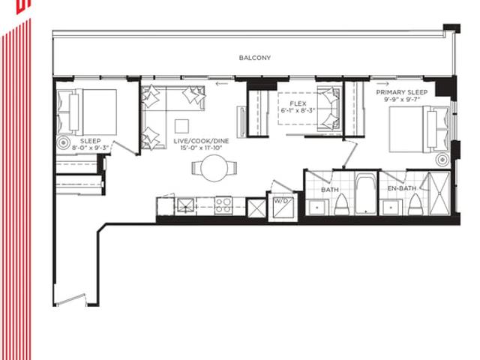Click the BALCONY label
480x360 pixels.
pyautogui.click(x=255, y=58)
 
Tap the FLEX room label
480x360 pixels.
pyautogui.click(x=298, y=103)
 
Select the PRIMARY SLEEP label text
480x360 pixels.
pyautogui.click(x=402, y=92)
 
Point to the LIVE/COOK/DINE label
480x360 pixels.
pyautogui.click(x=201, y=141)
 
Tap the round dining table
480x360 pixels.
pyautogui.click(x=214, y=168)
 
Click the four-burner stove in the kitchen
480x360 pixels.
pyautogui.click(x=223, y=205)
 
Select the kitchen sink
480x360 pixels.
pyautogui.click(x=185, y=205)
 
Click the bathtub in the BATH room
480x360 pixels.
pyautogui.click(x=367, y=193)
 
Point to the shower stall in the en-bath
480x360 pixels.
pyautogui.click(x=439, y=193)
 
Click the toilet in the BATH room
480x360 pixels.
pyautogui.click(x=341, y=205)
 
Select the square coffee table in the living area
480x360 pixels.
pyautogui.click(x=181, y=126)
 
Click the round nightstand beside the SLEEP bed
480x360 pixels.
pyautogui.click(x=64, y=142)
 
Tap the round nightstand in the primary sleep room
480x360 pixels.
pyautogui.click(x=442, y=160)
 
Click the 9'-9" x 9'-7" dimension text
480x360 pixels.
pyautogui.click(x=402, y=99)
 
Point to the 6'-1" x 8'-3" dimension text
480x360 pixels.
pyautogui.click(x=298, y=110)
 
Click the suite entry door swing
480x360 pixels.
pyautogui.click(x=71, y=300)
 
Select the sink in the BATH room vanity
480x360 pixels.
pyautogui.click(x=317, y=207)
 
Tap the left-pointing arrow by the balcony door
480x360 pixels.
pyautogui.click(x=222, y=83)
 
